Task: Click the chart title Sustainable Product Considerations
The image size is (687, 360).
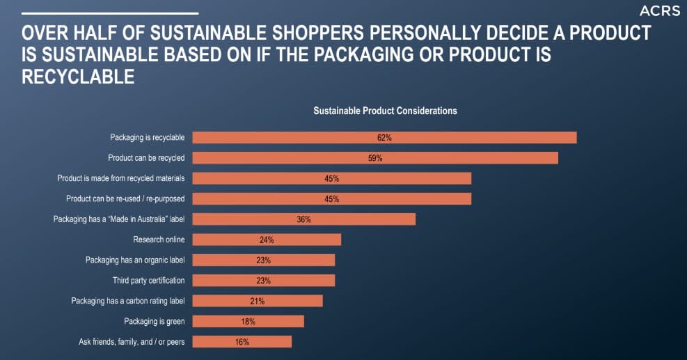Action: pos(385,111)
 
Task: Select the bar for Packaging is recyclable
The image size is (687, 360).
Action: pos(384,138)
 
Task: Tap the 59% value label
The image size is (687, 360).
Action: pos(375,158)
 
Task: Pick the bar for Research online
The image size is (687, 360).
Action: pos(267,240)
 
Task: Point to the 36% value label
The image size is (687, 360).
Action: pos(303,219)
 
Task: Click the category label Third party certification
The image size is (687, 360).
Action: pos(148,281)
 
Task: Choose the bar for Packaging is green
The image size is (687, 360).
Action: pos(248,322)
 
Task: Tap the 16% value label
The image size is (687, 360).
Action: pos(242,342)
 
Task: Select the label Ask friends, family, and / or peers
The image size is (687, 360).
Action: pos(132,342)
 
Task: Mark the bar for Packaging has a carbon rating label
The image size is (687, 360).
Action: pos(258,301)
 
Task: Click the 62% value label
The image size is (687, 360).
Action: pos(384,138)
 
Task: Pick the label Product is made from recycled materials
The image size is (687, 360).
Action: pos(120,179)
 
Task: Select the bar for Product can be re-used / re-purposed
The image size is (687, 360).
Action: pos(331,199)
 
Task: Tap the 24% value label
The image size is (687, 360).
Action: pos(267,240)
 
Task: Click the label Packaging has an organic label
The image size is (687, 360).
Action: pos(135,260)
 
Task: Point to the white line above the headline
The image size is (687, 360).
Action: pos(110,13)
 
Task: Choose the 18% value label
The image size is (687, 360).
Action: pos(248,322)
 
